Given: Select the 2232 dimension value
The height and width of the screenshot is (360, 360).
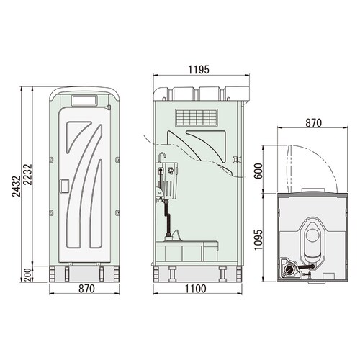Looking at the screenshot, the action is [x=27, y=174].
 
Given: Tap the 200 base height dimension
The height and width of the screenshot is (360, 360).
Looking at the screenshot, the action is [x=27, y=275].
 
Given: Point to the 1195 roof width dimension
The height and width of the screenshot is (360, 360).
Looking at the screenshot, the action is [x=199, y=70].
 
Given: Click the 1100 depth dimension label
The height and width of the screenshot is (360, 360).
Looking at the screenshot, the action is [x=195, y=289].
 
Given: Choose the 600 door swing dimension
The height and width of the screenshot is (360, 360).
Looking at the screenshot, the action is [x=258, y=171].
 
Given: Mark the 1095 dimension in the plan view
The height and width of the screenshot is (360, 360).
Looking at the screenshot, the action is [x=258, y=240].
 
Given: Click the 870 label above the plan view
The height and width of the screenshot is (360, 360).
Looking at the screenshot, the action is [x=313, y=123].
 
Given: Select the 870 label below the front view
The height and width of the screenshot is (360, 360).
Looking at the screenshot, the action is [x=86, y=289].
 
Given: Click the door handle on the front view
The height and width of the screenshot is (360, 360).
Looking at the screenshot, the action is [x=64, y=186].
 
